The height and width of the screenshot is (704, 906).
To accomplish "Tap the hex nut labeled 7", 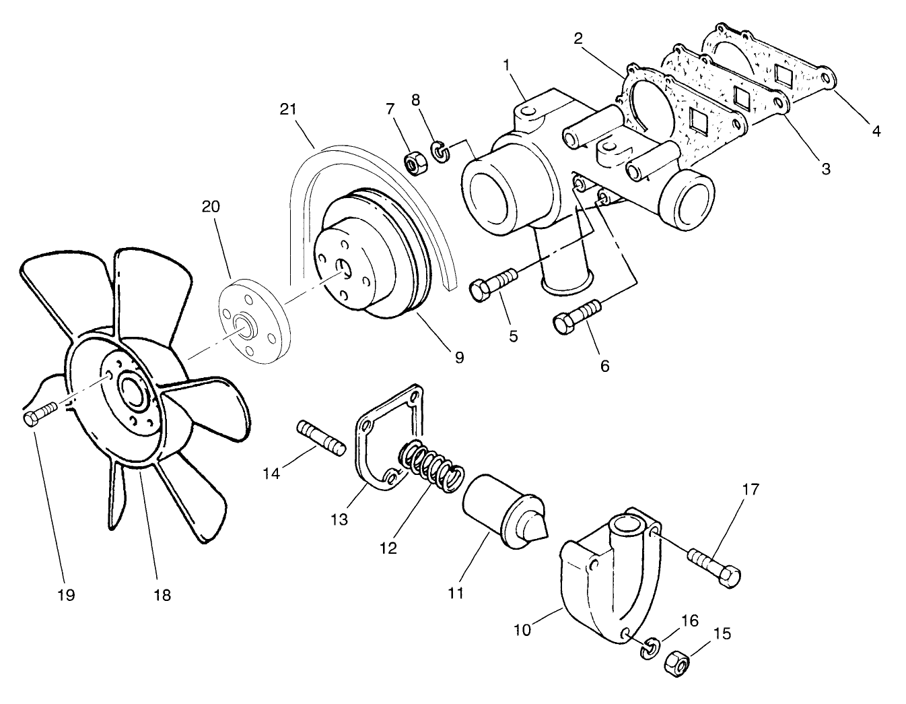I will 413,162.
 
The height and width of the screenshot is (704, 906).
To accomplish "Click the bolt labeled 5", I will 493,283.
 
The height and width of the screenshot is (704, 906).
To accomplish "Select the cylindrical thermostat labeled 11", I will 501,507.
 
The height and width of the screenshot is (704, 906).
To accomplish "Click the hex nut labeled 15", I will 676,664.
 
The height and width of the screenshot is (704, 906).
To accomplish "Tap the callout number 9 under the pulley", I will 458,358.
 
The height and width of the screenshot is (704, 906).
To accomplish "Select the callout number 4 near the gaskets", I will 876,132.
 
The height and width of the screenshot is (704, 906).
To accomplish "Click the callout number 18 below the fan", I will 162,595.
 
